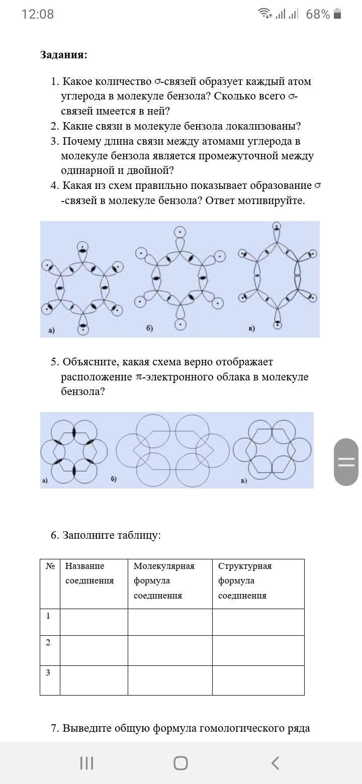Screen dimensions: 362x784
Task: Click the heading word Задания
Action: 63,55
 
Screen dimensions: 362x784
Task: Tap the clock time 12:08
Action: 38,14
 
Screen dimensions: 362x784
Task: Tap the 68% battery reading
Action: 318,15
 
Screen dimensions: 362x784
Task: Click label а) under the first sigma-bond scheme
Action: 51,330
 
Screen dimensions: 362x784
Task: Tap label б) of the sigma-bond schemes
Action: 149,329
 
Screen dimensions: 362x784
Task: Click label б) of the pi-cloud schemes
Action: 114,479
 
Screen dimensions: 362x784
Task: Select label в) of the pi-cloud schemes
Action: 244,480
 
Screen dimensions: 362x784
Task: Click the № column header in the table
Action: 50,566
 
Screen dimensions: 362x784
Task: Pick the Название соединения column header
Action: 89,573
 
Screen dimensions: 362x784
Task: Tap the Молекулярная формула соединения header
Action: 164,580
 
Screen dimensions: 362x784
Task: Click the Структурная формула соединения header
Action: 245,580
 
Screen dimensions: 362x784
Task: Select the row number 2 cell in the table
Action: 50,650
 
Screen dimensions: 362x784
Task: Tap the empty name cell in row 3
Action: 94,680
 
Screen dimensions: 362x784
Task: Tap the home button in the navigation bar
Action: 180,763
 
